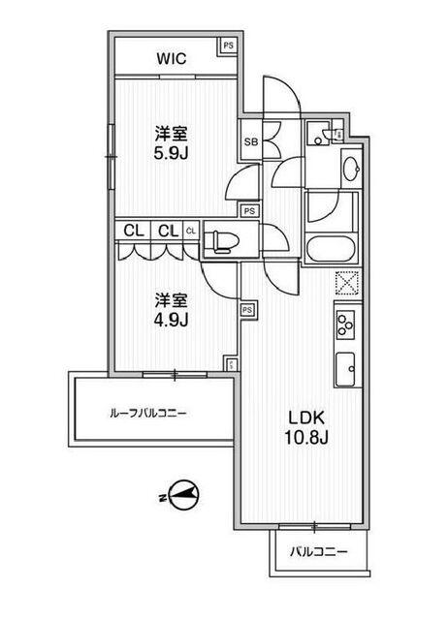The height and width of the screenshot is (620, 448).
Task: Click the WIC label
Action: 172,58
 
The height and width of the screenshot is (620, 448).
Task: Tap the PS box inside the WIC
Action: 228,46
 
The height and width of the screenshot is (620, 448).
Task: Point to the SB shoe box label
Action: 250,142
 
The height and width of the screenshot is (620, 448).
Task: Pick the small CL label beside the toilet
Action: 191,231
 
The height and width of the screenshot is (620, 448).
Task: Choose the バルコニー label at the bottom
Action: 317,553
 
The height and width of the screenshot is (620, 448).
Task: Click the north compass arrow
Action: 184,495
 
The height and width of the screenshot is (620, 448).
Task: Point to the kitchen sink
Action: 346,368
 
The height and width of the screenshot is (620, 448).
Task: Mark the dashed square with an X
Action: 346,284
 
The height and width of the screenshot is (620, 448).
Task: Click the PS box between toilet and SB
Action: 249,210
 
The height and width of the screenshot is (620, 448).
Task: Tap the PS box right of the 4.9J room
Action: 247,309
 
